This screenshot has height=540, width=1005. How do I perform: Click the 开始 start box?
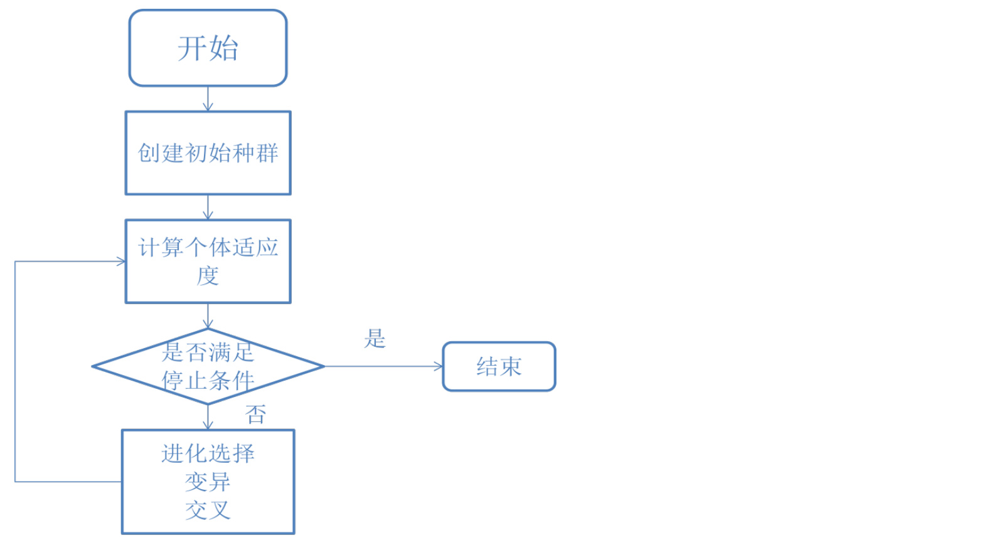click(x=208, y=48)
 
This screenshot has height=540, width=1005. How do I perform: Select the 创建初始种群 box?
click(x=208, y=153)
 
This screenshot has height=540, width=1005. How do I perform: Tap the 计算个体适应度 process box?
click(x=208, y=261)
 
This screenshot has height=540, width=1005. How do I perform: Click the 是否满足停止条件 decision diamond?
click(x=208, y=366)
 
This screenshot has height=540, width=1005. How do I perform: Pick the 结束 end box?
click(x=499, y=366)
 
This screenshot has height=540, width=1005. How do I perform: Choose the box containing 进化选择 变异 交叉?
click(x=208, y=481)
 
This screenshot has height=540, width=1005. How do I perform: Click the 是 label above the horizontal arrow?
click(x=375, y=339)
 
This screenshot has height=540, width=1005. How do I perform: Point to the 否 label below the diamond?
click(x=255, y=414)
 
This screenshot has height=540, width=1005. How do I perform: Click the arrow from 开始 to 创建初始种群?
click(x=208, y=98)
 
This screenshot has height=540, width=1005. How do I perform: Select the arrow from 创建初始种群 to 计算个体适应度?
click(x=208, y=207)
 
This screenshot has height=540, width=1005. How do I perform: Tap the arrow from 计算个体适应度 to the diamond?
click(x=208, y=315)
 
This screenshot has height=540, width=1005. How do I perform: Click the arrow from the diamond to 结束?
click(x=383, y=366)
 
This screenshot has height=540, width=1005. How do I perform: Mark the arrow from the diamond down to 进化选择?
click(x=208, y=416)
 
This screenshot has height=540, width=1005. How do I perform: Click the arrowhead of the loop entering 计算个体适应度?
click(x=121, y=262)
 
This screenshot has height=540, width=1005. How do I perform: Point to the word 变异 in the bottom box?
click(x=208, y=482)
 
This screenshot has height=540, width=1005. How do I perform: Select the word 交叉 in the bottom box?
click(x=208, y=510)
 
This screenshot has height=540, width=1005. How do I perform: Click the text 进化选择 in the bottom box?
click(x=208, y=453)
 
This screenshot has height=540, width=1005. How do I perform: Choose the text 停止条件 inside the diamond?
click(x=208, y=380)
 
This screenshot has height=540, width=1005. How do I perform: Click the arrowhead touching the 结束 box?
click(x=439, y=366)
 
